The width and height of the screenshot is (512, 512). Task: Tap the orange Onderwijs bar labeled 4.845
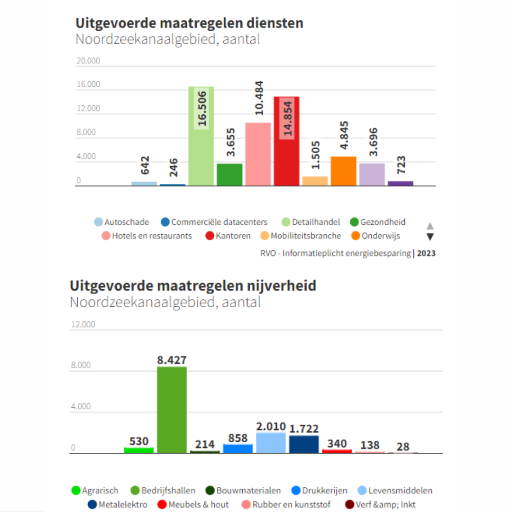[343, 171]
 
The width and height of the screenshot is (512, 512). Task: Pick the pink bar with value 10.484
[258, 154]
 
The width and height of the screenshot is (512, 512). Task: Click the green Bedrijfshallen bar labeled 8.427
[172, 410]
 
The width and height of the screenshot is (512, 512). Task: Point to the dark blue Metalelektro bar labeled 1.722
[304, 444]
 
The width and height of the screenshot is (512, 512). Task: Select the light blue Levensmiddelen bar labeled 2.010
[271, 443]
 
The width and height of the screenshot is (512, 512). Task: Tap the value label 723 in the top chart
[401, 165]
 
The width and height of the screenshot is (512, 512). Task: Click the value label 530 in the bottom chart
[139, 441]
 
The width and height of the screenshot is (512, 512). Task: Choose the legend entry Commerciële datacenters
[219, 222]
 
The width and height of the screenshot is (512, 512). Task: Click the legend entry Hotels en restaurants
[152, 236]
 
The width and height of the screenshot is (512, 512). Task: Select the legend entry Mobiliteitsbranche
[305, 236]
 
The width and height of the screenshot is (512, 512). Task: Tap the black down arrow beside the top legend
[430, 237]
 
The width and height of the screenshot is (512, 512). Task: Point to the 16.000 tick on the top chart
[88, 84]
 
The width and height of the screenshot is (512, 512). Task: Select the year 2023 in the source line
[426, 253]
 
